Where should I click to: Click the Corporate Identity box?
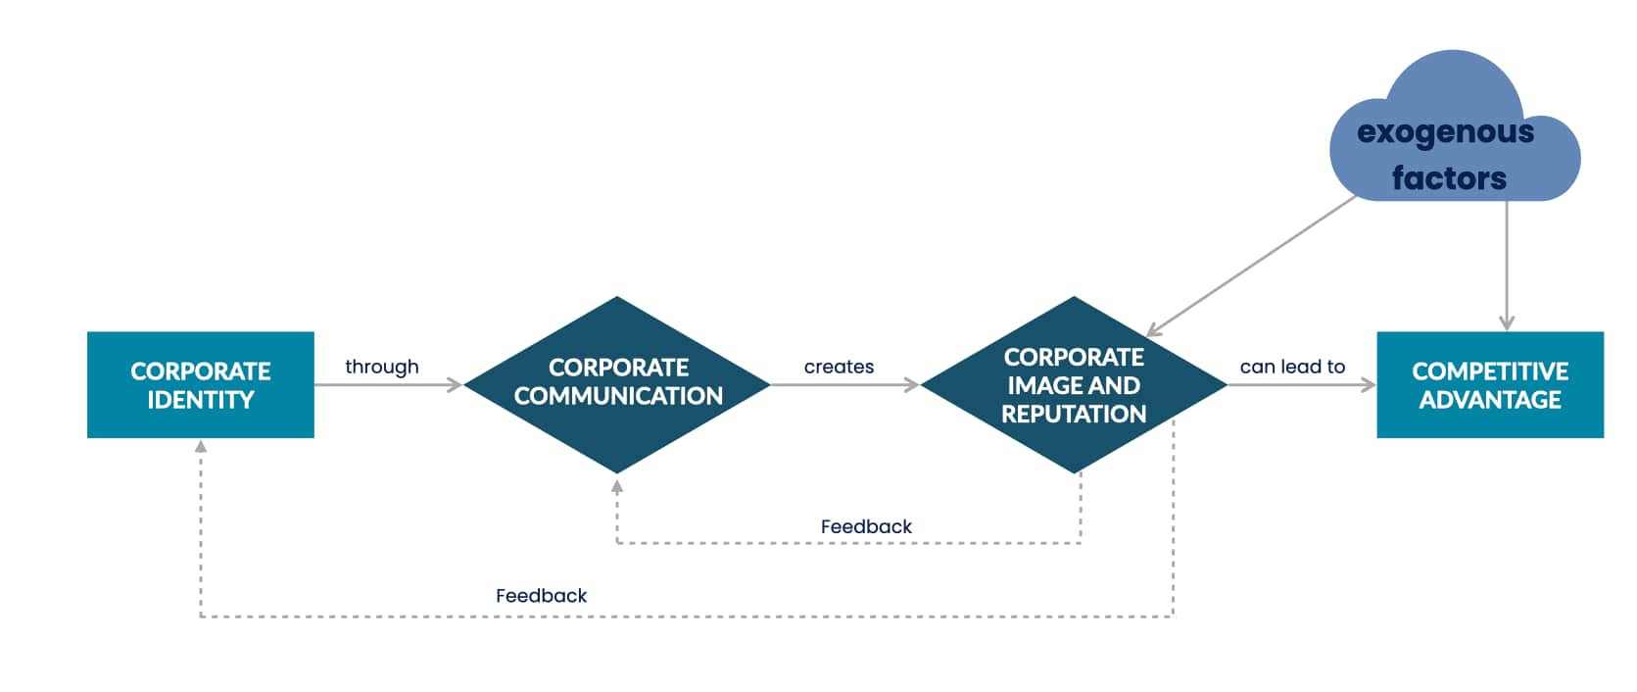[x=200, y=384]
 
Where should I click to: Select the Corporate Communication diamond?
[x=617, y=383]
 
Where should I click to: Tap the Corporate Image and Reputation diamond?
[x=1074, y=384]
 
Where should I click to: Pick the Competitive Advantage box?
[x=1489, y=384]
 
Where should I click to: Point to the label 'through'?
[x=381, y=367]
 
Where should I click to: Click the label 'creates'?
[x=839, y=367]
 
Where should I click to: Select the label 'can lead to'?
[x=1292, y=367]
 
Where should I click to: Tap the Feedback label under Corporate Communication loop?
[x=866, y=526]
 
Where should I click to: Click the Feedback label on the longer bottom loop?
[x=541, y=595]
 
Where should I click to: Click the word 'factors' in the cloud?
[x=1449, y=178]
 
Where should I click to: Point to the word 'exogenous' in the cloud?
[x=1445, y=131]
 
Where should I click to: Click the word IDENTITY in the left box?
[x=201, y=400]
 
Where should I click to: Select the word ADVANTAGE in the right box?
[x=1490, y=400]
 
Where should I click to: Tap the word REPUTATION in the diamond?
[x=1074, y=414]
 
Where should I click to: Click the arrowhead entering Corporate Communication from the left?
[x=455, y=385]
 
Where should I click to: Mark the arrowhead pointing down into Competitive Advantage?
[x=1507, y=323]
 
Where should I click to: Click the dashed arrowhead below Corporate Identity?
[x=201, y=446]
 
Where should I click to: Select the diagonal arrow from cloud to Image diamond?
[x=1252, y=266]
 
